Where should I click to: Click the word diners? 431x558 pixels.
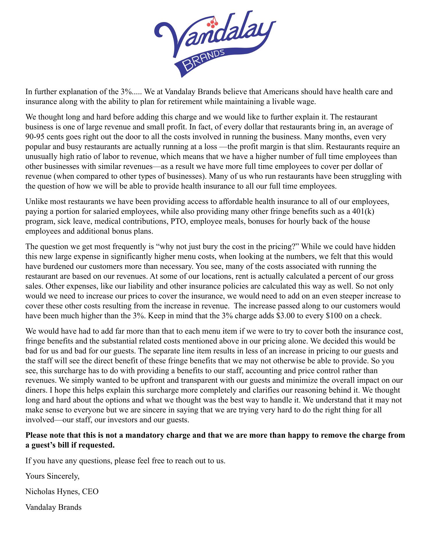click(x=35, y=390)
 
